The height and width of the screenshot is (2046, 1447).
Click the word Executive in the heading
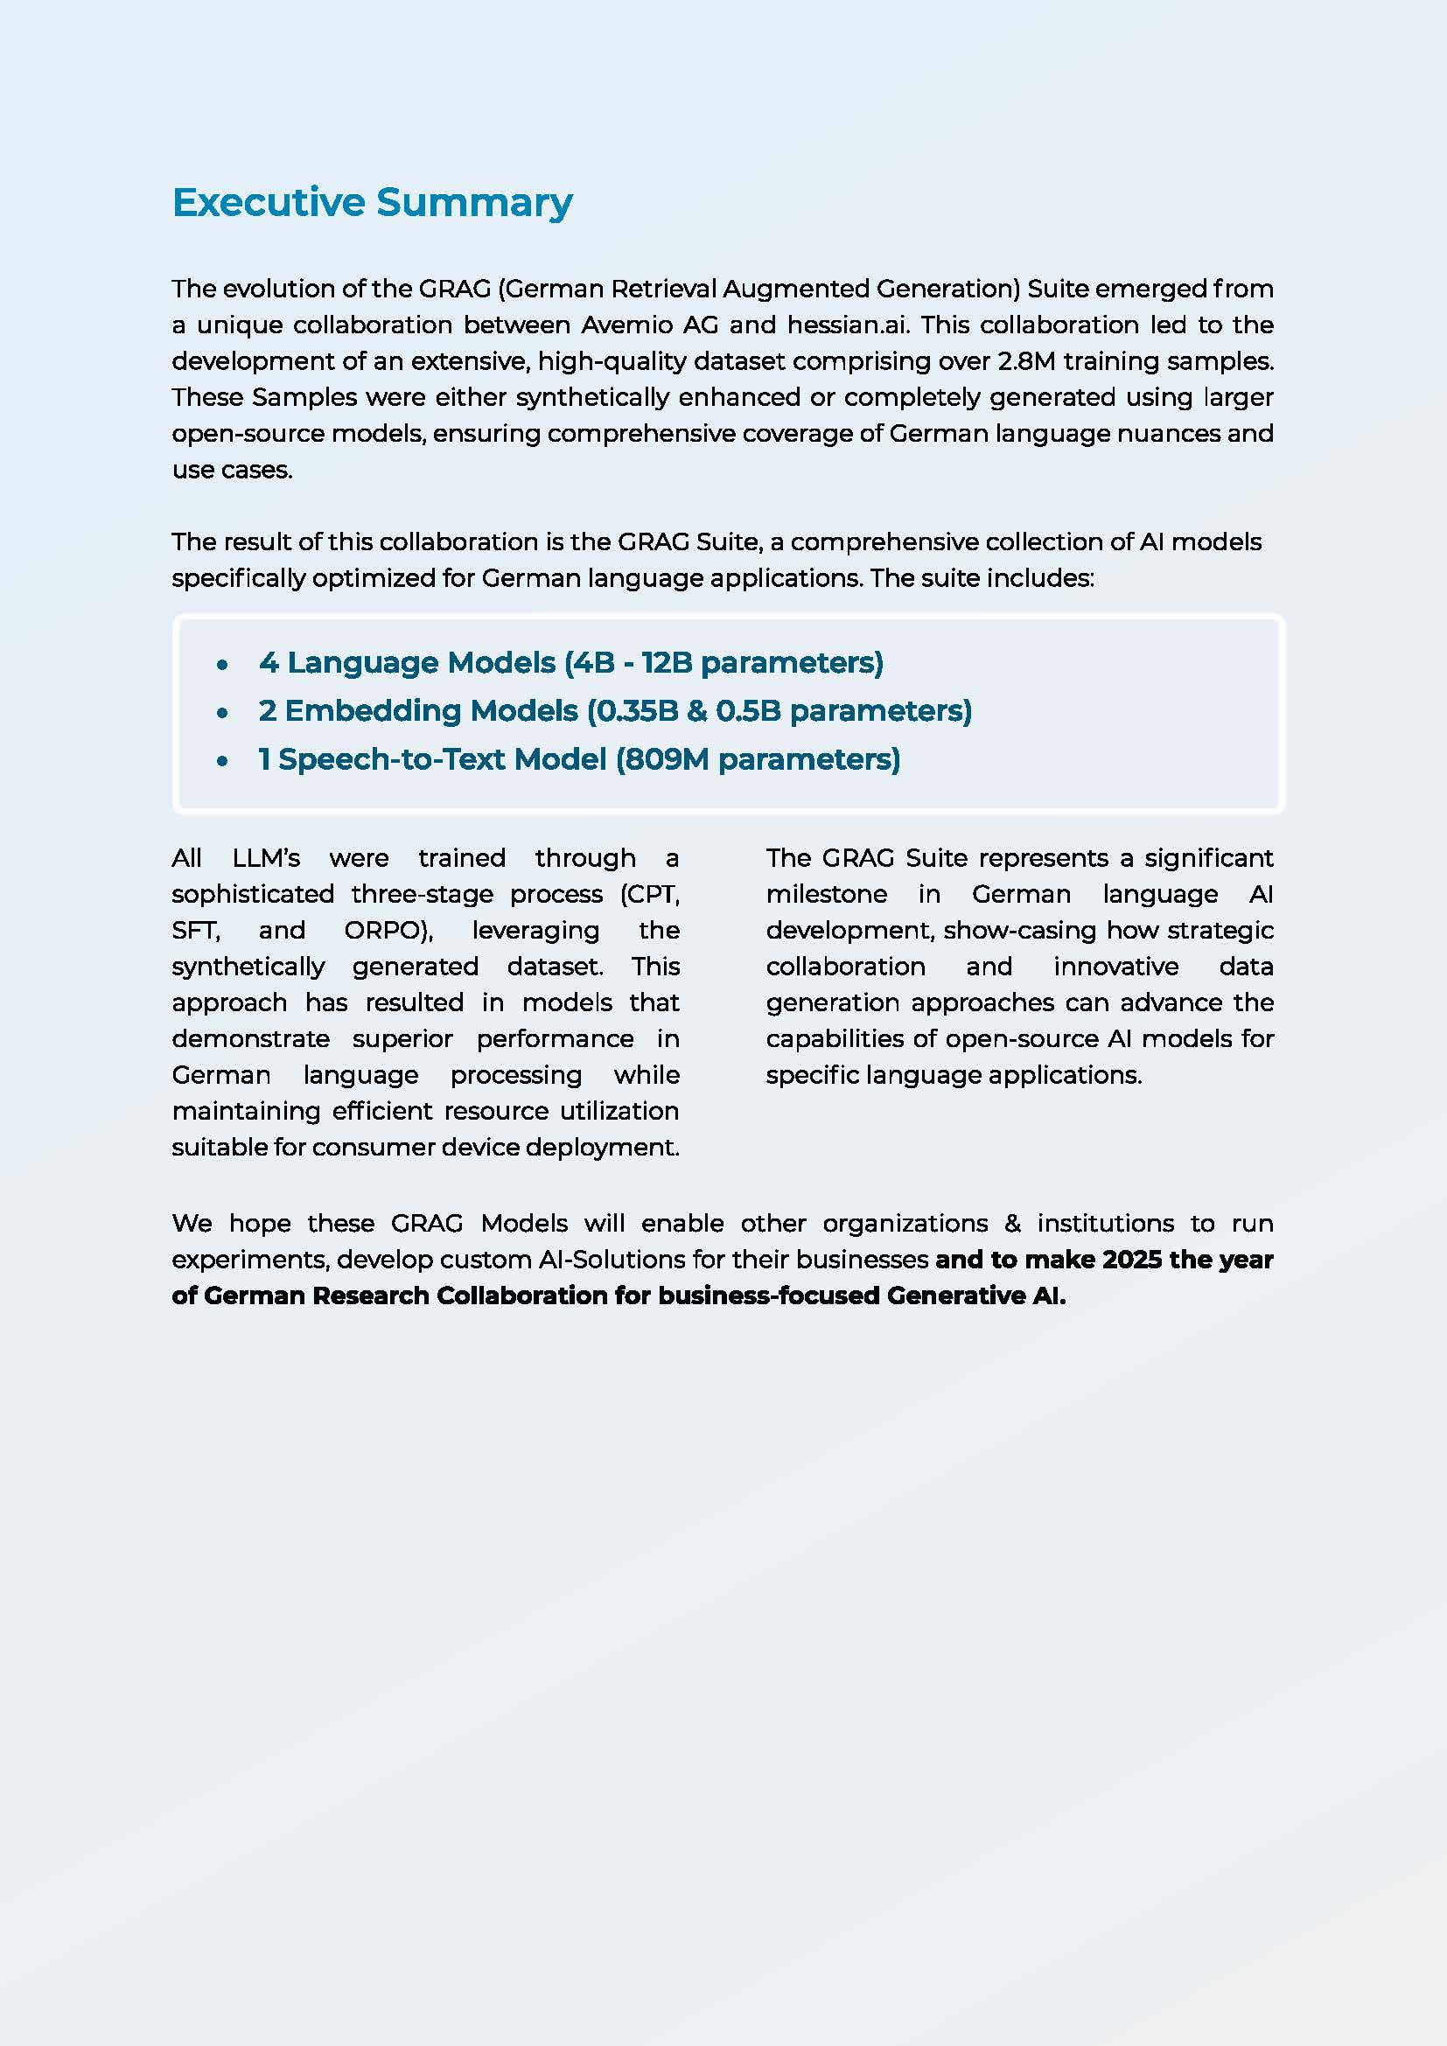[269, 202]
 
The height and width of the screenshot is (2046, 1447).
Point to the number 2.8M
[1025, 361]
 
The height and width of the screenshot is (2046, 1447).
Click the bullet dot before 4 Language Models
[223, 665]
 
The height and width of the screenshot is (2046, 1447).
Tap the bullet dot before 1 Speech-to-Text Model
[223, 761]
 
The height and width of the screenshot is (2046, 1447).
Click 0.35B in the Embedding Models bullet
[636, 711]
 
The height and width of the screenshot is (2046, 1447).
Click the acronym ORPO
[385, 931]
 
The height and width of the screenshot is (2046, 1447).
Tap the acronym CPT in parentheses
[654, 894]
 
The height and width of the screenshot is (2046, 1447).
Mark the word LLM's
[266, 858]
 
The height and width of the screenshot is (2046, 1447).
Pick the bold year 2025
[1131, 1259]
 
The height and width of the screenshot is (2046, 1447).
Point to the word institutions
[1105, 1223]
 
